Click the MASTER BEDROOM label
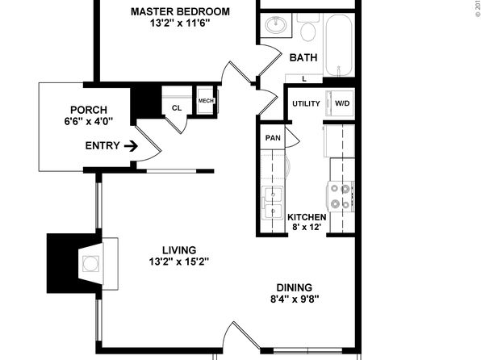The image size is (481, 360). tap(180, 11)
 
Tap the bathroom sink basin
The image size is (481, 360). tap(276, 25)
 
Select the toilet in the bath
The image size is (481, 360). tap(308, 28)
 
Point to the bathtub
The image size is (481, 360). tap(339, 45)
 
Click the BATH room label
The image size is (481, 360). tap(303, 57)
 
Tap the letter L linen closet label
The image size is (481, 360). tap(304, 79)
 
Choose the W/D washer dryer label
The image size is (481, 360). tap(342, 103)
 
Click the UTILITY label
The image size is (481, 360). tap(306, 104)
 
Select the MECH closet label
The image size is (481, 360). tap(206, 101)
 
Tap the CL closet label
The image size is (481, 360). tap(177, 108)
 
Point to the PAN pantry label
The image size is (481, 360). tap(273, 138)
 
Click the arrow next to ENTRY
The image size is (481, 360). tap(131, 146)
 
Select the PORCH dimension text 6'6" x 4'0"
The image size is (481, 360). tap(89, 122)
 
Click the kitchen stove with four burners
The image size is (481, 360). tap(341, 196)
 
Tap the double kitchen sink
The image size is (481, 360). tap(272, 203)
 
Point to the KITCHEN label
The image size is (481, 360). tap(307, 217)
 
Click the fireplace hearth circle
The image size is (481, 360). tap(91, 264)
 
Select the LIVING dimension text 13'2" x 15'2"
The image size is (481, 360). tap(179, 262)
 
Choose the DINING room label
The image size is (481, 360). tap(295, 287)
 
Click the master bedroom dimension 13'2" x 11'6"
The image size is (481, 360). tap(180, 23)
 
